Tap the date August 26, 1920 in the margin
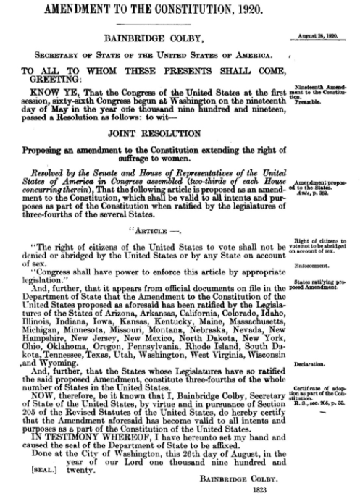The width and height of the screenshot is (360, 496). (x=321, y=35)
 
